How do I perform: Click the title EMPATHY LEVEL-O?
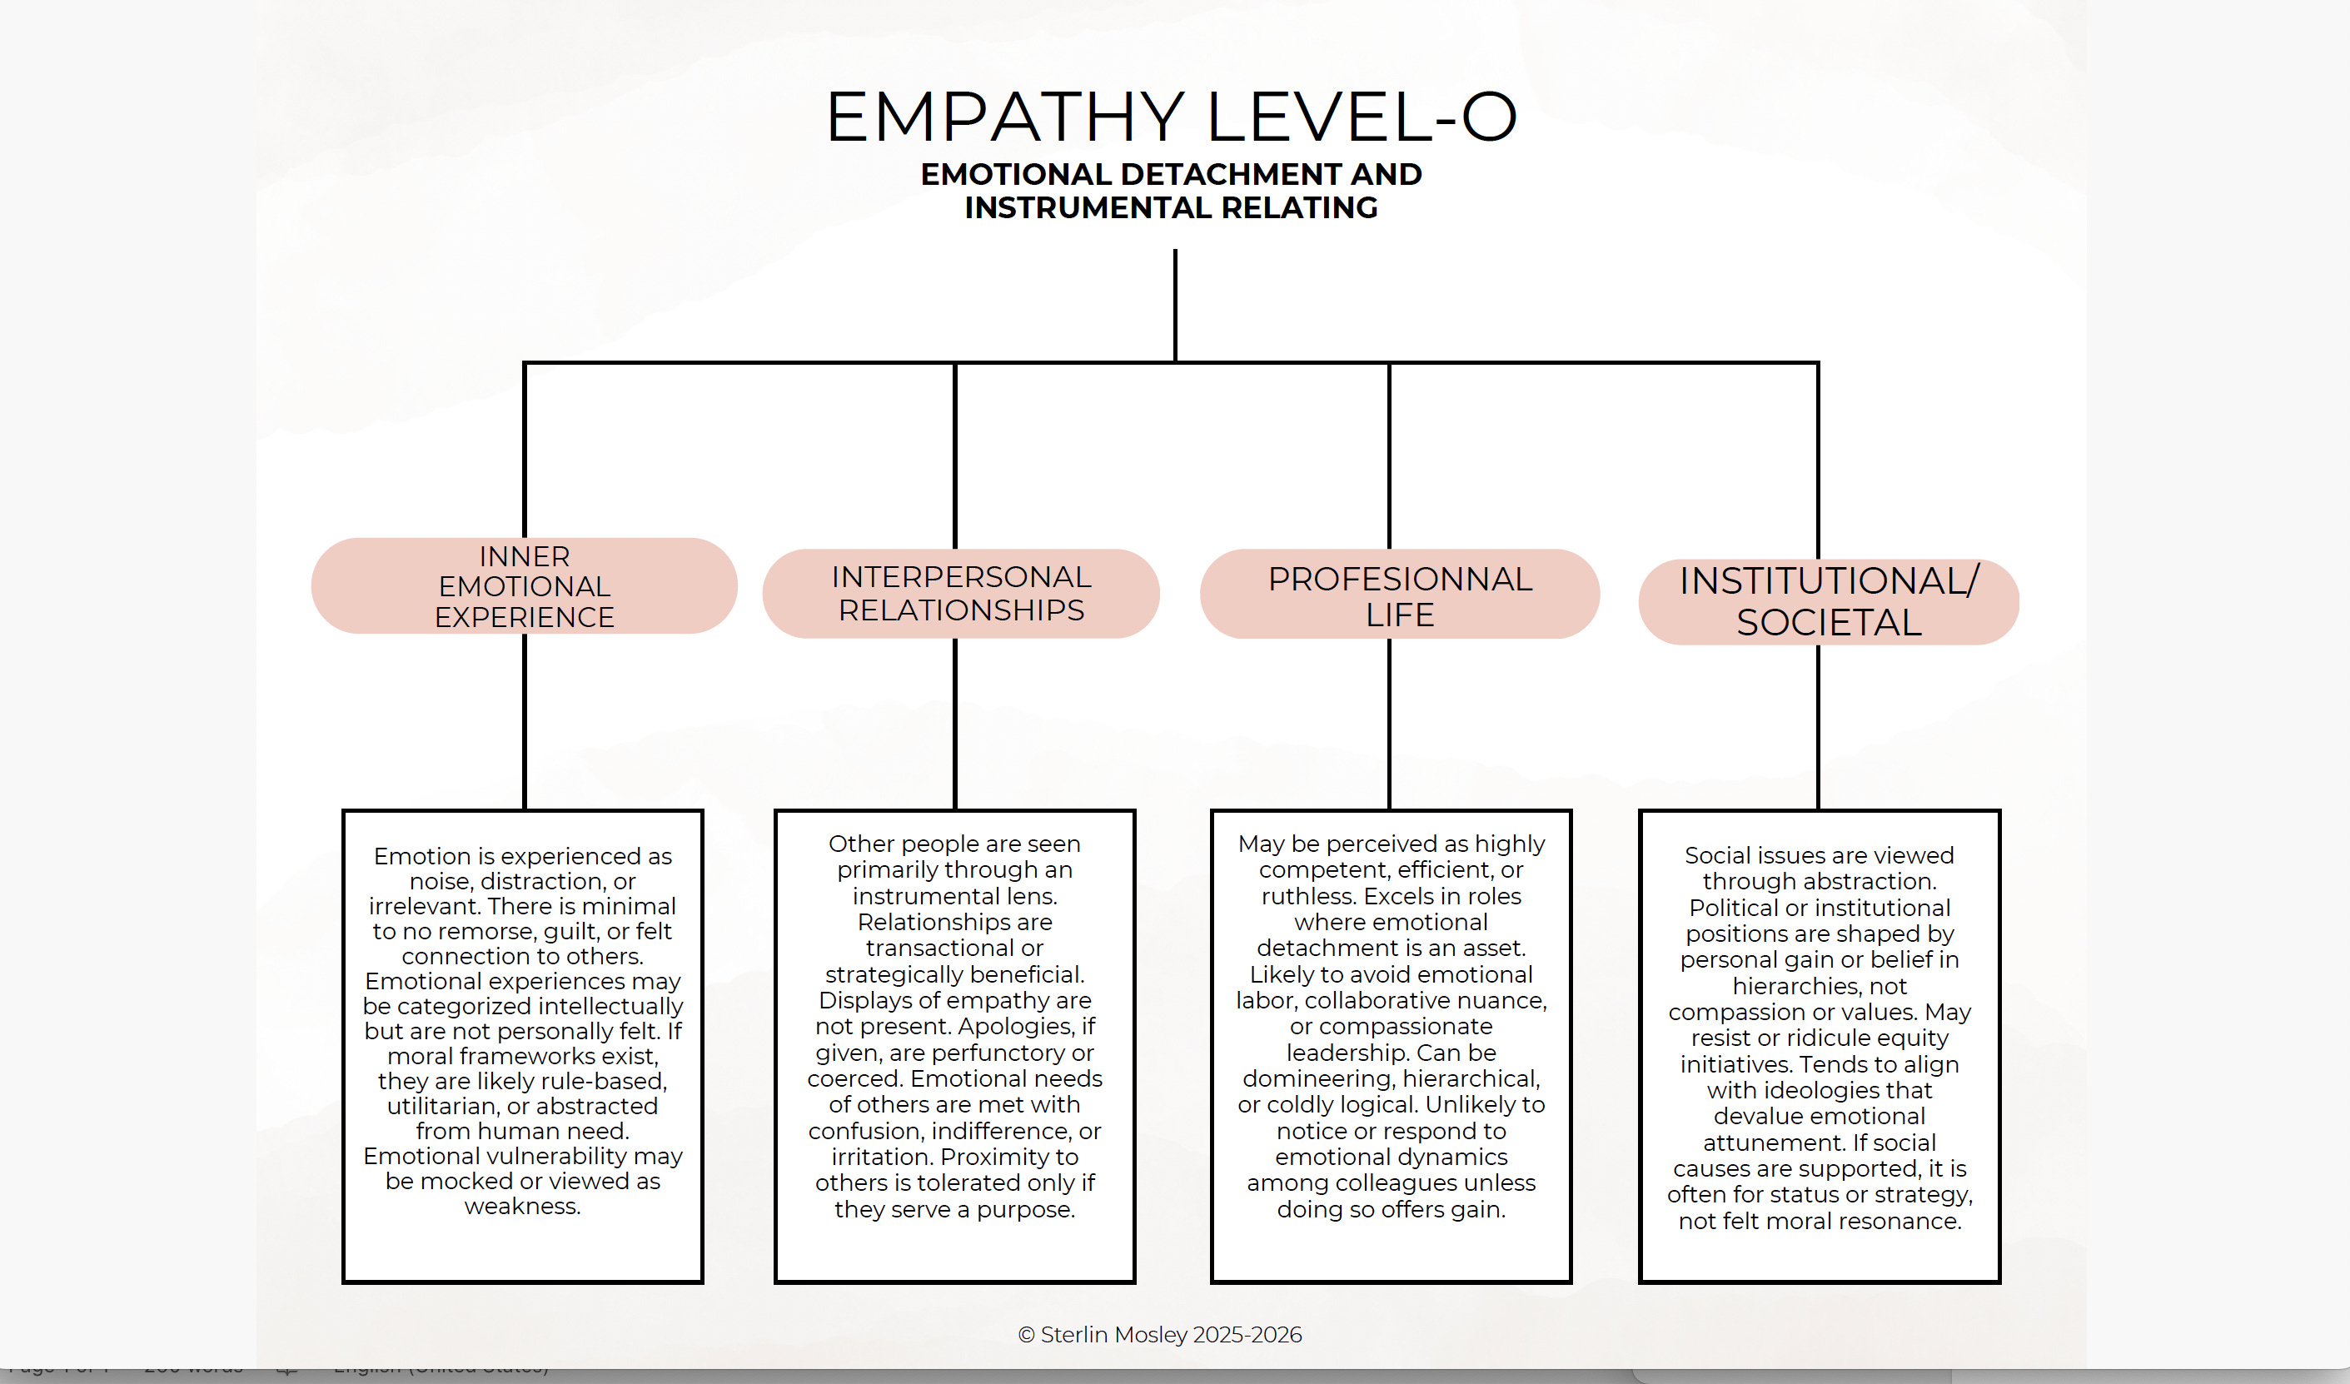tap(1172, 117)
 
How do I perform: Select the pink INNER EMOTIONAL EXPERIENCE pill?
tap(524, 585)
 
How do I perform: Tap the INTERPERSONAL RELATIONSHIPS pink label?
tap(960, 593)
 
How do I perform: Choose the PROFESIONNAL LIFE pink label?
tap(1399, 595)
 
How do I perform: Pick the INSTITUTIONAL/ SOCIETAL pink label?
tap(1828, 601)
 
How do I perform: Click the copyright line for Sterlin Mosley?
tap(1159, 1335)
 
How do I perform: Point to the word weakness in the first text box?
tap(521, 1206)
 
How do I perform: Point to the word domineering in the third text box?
tap(1317, 1078)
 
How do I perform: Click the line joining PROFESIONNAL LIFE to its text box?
tap(1390, 723)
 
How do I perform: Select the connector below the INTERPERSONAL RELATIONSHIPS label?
tap(955, 723)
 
